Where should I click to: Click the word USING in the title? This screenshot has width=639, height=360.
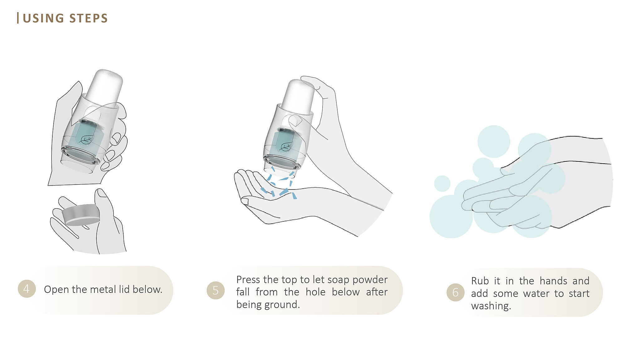tap(43, 18)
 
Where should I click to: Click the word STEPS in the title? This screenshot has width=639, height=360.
tap(89, 18)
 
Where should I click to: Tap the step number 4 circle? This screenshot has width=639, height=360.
tap(27, 289)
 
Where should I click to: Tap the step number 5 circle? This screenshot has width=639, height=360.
tap(216, 290)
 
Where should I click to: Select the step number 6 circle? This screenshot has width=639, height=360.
tap(456, 292)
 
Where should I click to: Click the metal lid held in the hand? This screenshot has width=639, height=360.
tap(81, 215)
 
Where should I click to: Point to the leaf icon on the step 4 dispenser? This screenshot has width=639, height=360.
tap(86, 140)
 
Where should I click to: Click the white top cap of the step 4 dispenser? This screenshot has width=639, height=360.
tap(104, 88)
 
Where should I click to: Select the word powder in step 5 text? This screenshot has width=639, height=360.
tap(370, 280)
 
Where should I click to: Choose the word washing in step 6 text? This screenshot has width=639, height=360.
tap(491, 306)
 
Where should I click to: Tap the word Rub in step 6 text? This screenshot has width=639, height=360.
tap(480, 281)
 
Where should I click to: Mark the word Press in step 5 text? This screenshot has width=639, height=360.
tap(248, 279)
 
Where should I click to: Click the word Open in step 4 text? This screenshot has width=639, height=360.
tap(56, 290)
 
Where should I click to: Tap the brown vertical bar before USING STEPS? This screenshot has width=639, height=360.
tap(18, 18)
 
